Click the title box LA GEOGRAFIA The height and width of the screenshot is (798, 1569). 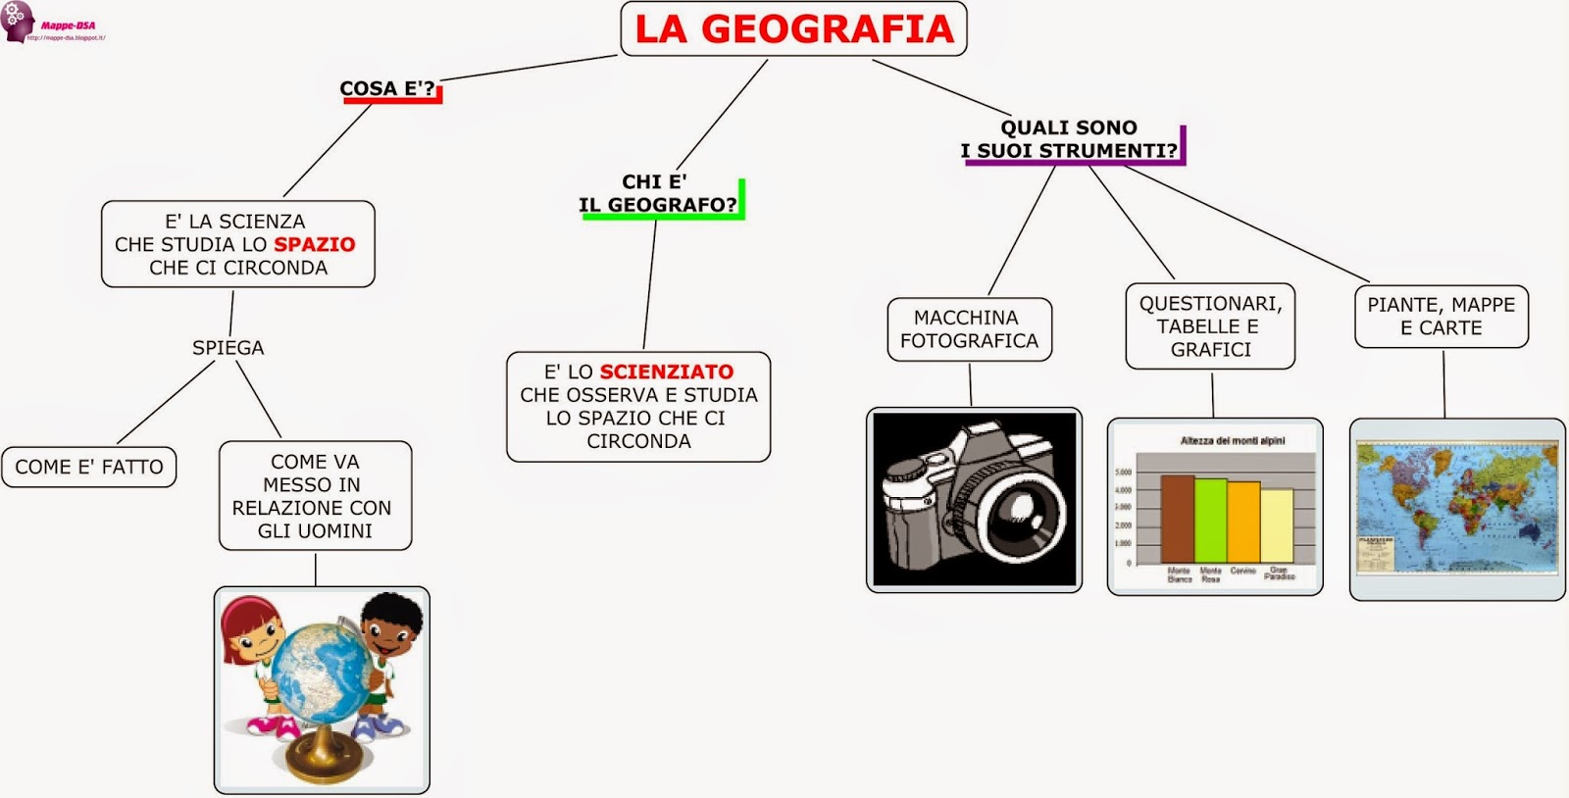[x=793, y=28]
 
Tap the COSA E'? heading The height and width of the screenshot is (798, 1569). [x=387, y=88]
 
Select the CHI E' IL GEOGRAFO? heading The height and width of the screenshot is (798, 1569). [x=657, y=193]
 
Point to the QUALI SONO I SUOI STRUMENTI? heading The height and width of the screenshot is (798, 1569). [x=1069, y=139]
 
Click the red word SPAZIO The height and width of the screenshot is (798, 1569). [x=314, y=244]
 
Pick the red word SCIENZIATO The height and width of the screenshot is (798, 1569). [x=666, y=372]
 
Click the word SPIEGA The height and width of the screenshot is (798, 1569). [x=228, y=347]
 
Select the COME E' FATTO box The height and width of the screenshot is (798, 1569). [x=89, y=467]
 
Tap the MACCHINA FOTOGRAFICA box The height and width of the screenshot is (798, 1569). [x=969, y=329]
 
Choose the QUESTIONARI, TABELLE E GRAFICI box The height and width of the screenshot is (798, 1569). [x=1210, y=326]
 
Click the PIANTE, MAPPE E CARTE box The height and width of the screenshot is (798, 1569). [x=1441, y=317]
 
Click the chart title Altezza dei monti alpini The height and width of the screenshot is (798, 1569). [x=1232, y=441]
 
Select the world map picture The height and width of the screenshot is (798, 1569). [x=1456, y=508]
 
